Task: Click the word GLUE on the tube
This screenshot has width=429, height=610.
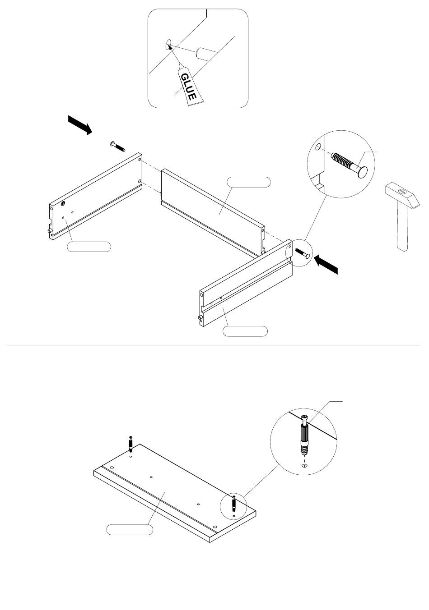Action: (x=188, y=86)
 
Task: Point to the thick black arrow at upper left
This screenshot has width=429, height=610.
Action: (x=79, y=125)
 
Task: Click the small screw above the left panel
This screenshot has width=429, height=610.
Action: (x=117, y=146)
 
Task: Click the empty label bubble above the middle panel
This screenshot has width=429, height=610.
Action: (x=249, y=182)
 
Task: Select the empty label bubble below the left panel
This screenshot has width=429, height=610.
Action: (x=89, y=247)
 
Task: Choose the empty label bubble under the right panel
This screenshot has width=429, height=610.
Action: (x=245, y=331)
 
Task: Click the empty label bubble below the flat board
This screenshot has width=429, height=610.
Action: (x=129, y=529)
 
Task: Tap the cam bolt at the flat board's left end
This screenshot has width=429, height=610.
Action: (x=131, y=444)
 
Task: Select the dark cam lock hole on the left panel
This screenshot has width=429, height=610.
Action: (x=63, y=203)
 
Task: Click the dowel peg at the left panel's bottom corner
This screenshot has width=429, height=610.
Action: (x=50, y=231)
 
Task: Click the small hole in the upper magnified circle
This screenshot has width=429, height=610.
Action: (x=318, y=147)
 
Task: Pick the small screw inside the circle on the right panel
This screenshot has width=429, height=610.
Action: (x=302, y=253)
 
